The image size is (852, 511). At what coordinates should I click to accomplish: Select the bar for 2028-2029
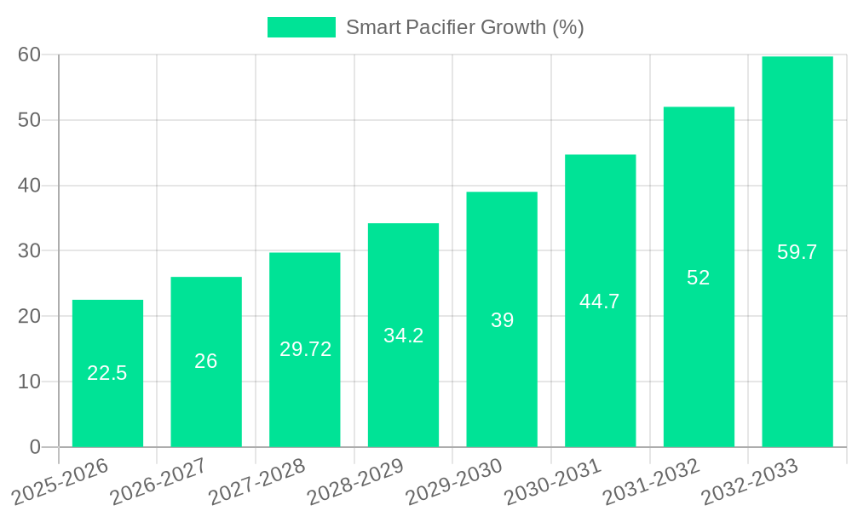[x=403, y=335]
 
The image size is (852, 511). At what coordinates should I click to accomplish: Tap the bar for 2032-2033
[x=797, y=251]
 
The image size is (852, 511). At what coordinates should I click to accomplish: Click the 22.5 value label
[x=107, y=373]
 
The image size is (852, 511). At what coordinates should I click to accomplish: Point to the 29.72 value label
[x=305, y=349]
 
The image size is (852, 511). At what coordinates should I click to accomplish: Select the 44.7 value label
[x=600, y=301]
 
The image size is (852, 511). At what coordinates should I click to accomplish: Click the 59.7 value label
[x=797, y=252]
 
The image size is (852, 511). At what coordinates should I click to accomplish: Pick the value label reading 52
[x=699, y=278]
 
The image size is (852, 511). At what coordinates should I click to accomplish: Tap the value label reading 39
[x=502, y=320]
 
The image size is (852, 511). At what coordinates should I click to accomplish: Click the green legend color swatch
[x=302, y=27]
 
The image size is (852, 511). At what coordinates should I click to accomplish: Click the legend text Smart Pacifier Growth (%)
[x=464, y=27]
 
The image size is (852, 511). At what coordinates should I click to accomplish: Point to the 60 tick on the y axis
[x=30, y=55]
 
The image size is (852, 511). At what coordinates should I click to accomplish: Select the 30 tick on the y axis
[x=30, y=250]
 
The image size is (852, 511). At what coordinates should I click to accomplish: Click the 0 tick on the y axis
[x=35, y=447]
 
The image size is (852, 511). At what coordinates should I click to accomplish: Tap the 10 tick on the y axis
[x=30, y=382]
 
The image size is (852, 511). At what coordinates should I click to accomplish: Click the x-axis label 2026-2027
[x=158, y=481]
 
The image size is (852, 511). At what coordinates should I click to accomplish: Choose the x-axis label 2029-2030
[x=454, y=481]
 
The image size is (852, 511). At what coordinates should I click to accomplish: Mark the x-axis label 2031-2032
[x=652, y=481]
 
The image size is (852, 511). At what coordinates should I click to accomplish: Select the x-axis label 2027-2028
[x=257, y=481]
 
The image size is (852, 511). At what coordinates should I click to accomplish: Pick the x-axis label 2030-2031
[x=553, y=481]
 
